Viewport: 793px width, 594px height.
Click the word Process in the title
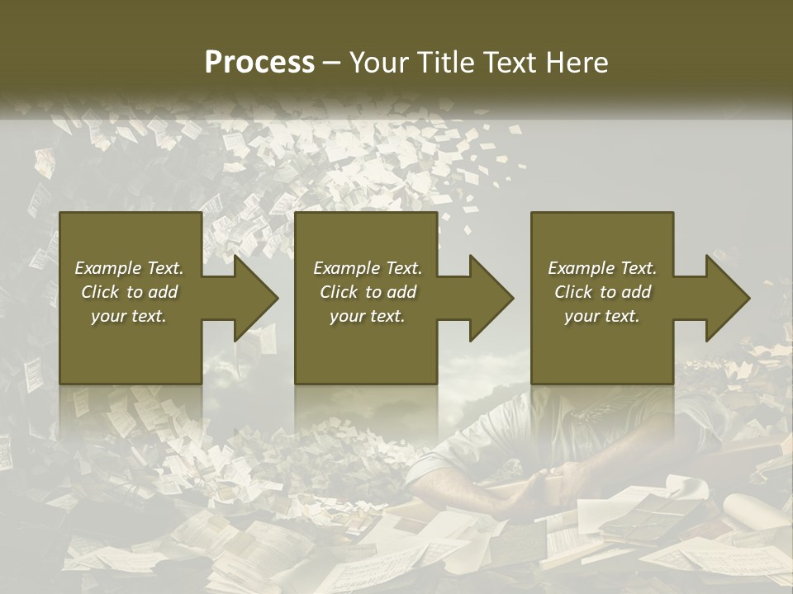[259, 62]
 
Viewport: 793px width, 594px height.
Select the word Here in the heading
[575, 62]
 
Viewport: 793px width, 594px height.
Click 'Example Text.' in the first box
[129, 268]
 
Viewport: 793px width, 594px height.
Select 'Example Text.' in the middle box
[367, 268]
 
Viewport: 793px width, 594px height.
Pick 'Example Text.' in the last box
[602, 268]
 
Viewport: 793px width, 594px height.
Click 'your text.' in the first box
[129, 316]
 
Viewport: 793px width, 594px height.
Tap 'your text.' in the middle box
[367, 316]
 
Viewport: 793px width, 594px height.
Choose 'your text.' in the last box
[602, 316]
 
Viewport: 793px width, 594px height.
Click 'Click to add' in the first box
[129, 292]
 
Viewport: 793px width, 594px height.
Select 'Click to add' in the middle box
[367, 292]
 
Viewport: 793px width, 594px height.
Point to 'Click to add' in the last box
[602, 292]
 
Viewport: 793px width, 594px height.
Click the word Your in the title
[377, 62]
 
